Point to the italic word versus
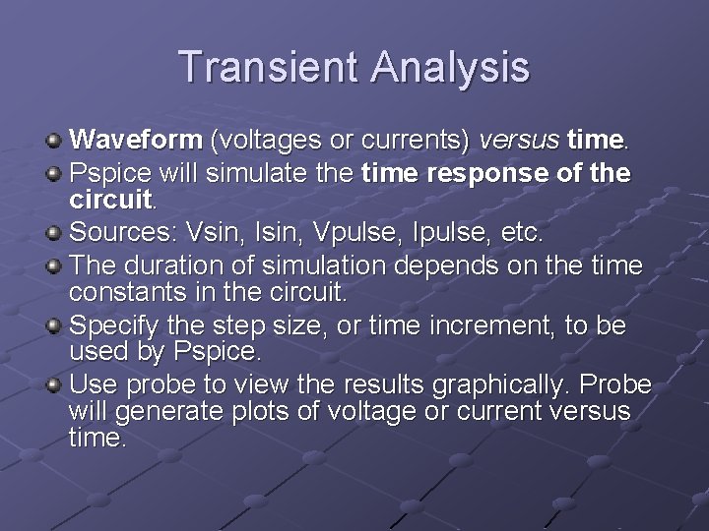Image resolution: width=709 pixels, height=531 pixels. (518, 141)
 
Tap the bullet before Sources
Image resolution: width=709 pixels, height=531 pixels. (56, 234)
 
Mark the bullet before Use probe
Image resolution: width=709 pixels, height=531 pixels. (56, 384)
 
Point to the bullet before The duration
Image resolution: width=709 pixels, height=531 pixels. (56, 266)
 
